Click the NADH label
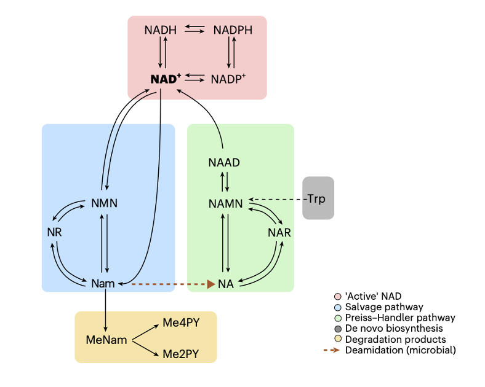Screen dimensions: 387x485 (160, 30)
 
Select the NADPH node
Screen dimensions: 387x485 (233, 30)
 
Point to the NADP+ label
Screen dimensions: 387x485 (228, 79)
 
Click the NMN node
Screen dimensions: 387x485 (104, 203)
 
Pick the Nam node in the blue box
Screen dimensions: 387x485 (103, 283)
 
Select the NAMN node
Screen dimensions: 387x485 (225, 203)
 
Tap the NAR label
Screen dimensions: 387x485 (279, 233)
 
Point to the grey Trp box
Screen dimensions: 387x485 (318, 198)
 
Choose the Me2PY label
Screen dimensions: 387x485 (181, 354)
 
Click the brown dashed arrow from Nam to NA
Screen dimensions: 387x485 (166, 284)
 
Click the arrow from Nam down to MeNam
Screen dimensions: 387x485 (106, 310)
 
